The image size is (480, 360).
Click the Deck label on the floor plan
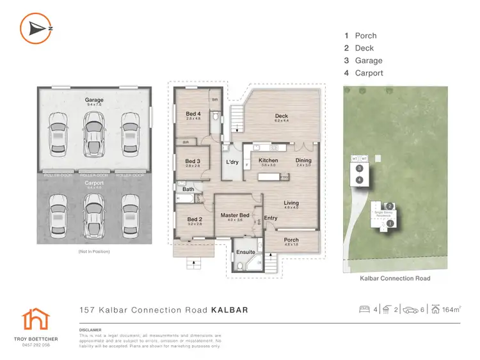coord(282,116)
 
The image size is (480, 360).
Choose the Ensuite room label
coord(246,252)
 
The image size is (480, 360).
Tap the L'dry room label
coord(232,162)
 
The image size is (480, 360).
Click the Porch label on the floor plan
coord(291,240)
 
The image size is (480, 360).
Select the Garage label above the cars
coord(94,100)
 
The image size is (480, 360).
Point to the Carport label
coord(94,183)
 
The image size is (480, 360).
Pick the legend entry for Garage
coord(369,61)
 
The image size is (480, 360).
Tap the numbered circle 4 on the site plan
coord(360,180)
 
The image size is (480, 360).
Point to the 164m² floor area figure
coord(451,310)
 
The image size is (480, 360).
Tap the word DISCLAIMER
coord(91,331)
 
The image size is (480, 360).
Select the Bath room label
coord(188,189)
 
